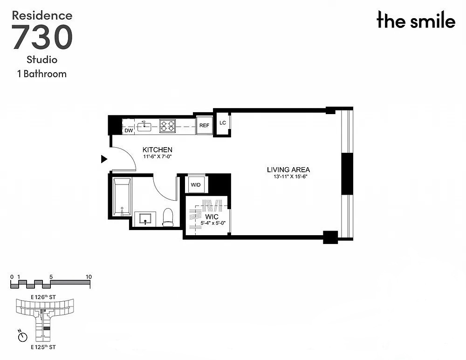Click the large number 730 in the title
tap(42, 37)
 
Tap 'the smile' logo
tap(416, 21)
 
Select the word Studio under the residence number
tap(42, 60)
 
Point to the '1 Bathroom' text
tap(42, 74)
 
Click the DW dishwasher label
tap(129, 131)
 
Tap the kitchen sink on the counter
tap(144, 125)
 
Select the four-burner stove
tap(168, 125)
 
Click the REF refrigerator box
tap(204, 125)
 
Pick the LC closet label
tap(222, 123)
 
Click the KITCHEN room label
tap(158, 149)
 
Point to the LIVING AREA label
tap(288, 170)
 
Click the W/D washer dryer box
tap(195, 185)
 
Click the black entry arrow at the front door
tap(104, 159)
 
